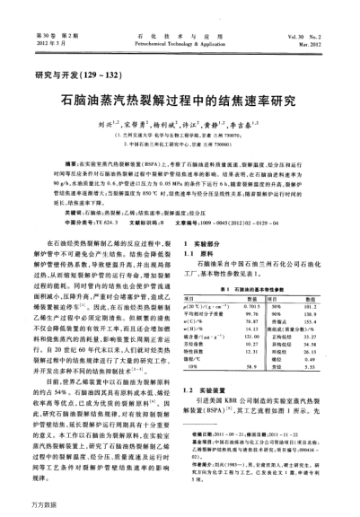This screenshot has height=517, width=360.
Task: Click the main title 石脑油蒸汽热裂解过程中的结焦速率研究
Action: pyautogui.click(x=180, y=102)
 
